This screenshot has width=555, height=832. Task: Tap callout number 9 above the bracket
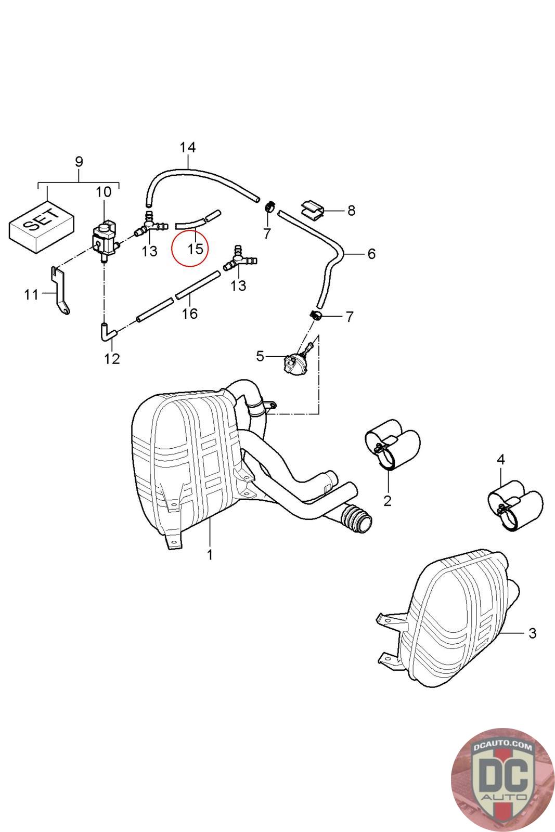[79, 162]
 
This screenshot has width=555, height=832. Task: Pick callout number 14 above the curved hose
[188, 147]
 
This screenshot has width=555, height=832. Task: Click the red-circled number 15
[195, 249]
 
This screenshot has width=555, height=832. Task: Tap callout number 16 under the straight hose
[190, 314]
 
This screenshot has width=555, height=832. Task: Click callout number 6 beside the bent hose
[371, 254]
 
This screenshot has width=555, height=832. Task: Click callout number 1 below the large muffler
[210, 555]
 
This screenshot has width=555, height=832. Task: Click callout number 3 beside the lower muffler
[532, 633]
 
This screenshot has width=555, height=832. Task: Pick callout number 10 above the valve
[104, 192]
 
